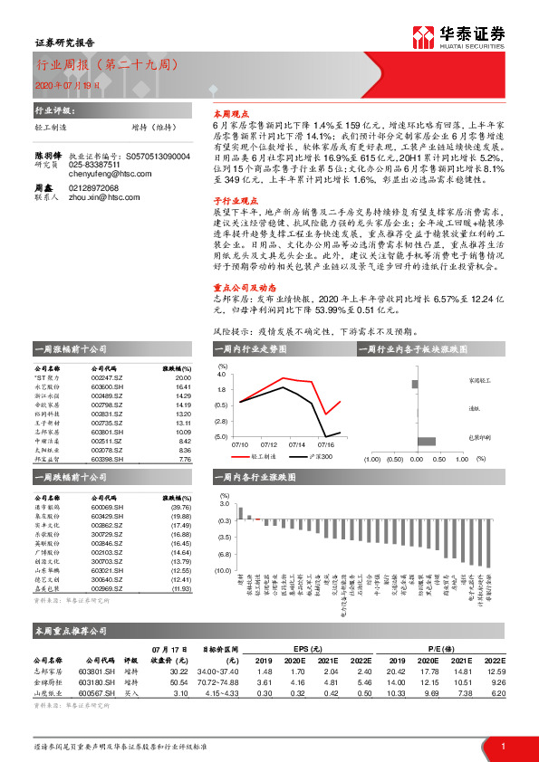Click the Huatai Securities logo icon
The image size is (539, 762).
[421, 36]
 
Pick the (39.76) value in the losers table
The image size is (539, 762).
[180, 509]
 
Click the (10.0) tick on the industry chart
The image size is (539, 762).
[221, 570]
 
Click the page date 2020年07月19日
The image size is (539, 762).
[63, 84]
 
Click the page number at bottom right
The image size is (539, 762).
[503, 745]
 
